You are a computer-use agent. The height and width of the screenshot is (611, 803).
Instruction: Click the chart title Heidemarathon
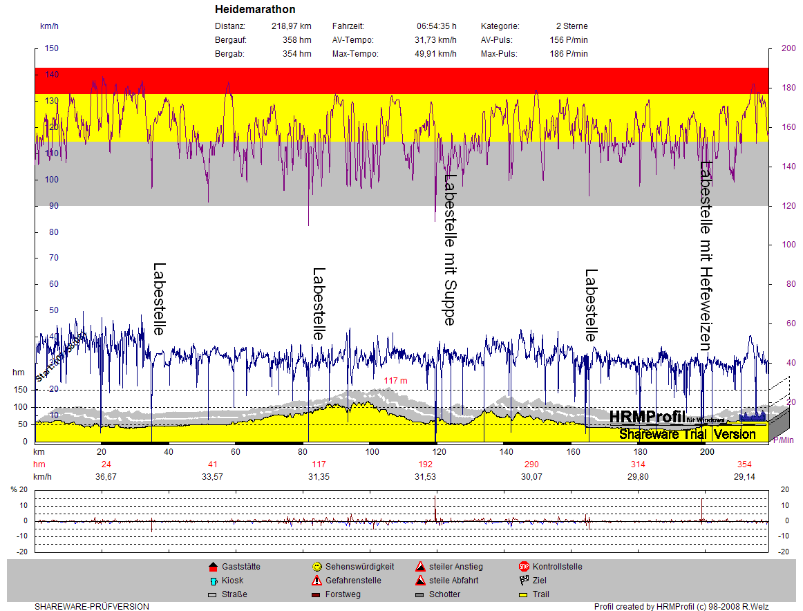coord(255,10)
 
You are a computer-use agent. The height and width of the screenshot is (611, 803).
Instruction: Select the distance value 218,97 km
coord(291,26)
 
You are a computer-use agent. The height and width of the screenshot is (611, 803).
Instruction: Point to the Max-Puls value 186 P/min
coord(569,54)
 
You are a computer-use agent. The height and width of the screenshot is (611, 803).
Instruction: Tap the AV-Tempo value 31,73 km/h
coord(436,40)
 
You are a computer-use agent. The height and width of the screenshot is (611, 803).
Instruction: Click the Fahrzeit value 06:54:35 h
coord(436,26)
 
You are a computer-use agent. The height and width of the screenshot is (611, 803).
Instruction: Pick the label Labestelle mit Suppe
coord(450,249)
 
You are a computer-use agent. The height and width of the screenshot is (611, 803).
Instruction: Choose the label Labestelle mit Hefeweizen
coord(706,255)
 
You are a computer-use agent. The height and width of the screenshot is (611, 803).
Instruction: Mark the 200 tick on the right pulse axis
coord(788,48)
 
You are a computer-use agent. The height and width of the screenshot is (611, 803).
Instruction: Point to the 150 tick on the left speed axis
coord(52,48)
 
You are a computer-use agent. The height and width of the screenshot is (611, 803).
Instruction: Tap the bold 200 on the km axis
coord(707,452)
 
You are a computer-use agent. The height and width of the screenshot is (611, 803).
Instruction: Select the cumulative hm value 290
coord(531,464)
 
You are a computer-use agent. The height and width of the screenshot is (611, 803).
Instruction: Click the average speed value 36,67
coord(106,477)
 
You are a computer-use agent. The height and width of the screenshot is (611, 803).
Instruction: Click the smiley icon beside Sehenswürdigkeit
coord(317,567)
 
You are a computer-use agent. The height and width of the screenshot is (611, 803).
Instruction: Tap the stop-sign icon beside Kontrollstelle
coord(524,567)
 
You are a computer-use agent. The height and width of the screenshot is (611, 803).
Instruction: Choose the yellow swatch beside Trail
coord(524,594)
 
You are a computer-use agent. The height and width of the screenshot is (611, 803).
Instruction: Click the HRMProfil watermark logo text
coord(647,417)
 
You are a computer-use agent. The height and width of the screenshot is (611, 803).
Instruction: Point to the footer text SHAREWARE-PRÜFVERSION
coord(91,607)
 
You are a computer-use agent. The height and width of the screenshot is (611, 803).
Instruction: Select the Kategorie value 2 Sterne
coord(571,26)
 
